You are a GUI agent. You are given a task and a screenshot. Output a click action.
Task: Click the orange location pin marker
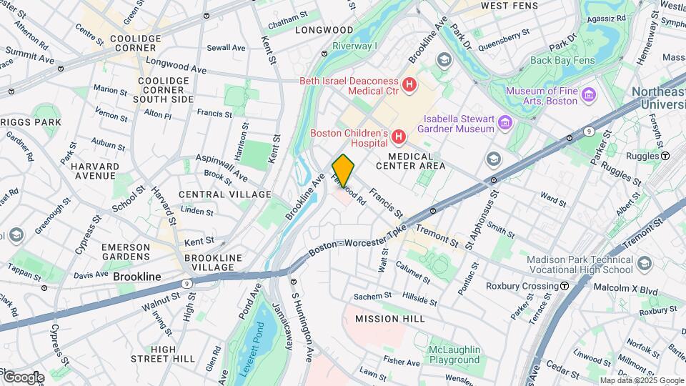point(344,170)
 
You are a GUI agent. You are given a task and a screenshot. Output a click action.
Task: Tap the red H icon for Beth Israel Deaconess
point(409,85)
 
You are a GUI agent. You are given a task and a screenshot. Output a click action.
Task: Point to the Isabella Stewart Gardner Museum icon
point(505,123)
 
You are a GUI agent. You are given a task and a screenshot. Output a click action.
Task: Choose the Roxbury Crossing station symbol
point(564,286)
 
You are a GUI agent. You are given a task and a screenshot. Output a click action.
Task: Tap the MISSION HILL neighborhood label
point(389,319)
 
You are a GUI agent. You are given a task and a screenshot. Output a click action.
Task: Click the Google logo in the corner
point(23,377)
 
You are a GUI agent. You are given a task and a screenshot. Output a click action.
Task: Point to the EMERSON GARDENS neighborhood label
point(125,252)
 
